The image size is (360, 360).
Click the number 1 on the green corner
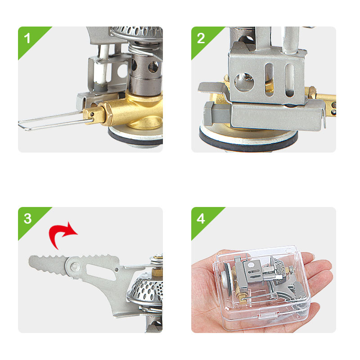point(27,38)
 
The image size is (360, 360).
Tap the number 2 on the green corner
point(201,38)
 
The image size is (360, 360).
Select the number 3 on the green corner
point(27,219)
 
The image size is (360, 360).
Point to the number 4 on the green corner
point(201,219)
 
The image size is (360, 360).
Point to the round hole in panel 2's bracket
point(244,82)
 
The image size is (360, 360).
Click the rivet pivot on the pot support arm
point(75,267)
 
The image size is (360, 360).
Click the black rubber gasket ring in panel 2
point(248,142)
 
